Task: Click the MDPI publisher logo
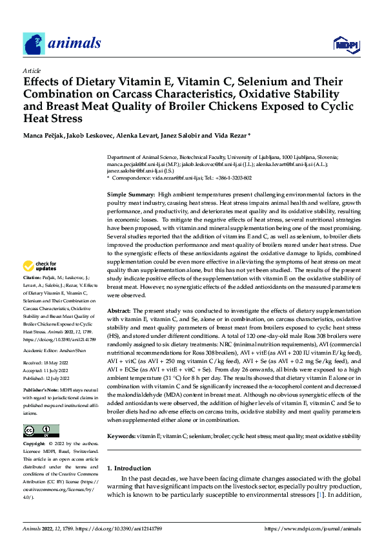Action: (x=343, y=44)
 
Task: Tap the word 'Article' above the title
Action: (x=31, y=71)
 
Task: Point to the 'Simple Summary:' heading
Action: (x=131, y=194)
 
